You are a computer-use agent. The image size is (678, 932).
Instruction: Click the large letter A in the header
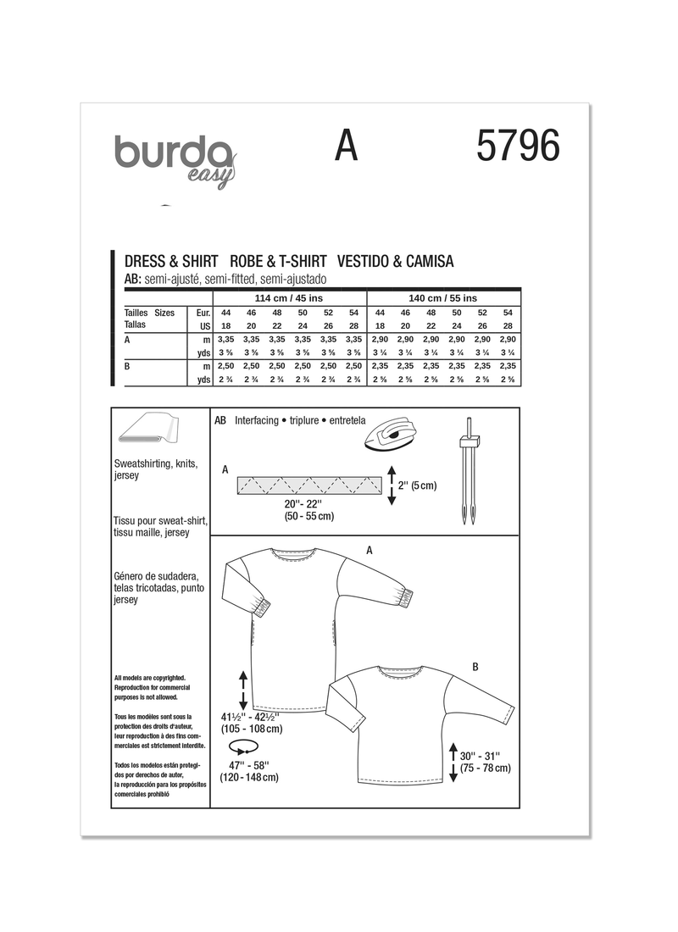(346, 147)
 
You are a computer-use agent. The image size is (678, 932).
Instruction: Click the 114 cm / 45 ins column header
(289, 298)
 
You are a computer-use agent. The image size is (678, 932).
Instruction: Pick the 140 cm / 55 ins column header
(443, 298)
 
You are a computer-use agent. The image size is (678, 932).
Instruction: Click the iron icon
(392, 434)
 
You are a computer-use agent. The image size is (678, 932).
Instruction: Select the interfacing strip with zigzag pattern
(308, 485)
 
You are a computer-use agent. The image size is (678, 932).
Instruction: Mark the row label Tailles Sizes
(149, 313)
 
